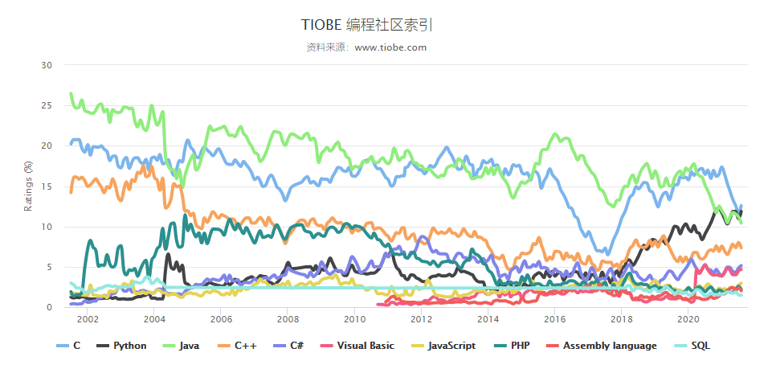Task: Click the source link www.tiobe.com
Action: pos(390,47)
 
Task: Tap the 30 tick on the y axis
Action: pos(47,65)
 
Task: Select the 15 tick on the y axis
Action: pos(47,187)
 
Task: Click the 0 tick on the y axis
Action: pos(49,308)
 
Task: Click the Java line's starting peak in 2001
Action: pos(71,94)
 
